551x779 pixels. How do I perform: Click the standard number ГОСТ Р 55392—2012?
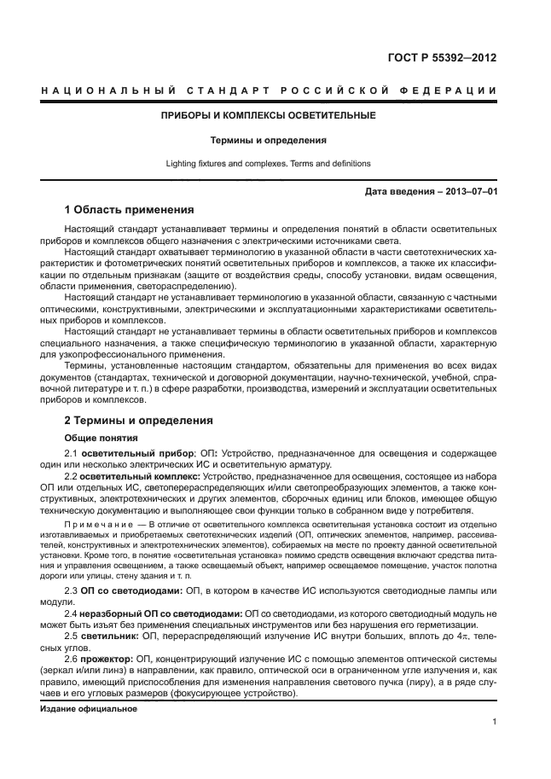(x=444, y=59)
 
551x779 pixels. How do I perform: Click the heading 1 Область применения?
(x=130, y=210)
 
